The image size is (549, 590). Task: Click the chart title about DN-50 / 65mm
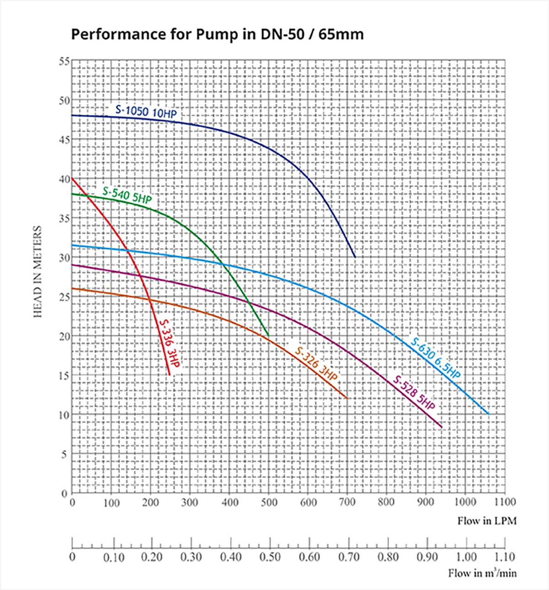tap(217, 34)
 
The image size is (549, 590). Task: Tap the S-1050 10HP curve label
tap(146, 112)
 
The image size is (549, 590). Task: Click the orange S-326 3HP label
tap(316, 364)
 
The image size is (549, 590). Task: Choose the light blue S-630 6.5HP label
tap(436, 358)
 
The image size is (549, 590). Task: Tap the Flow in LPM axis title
tap(487, 521)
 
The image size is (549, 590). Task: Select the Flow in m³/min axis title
tap(483, 573)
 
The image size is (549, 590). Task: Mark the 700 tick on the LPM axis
tap(347, 502)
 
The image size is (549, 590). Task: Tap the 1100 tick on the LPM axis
tap(504, 502)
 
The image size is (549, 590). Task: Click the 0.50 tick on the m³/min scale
tap(270, 557)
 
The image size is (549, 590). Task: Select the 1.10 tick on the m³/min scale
tap(505, 557)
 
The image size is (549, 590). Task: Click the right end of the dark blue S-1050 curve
tap(355, 257)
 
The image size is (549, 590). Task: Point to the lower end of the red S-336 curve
tap(170, 375)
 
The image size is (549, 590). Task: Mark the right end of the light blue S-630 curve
tap(489, 414)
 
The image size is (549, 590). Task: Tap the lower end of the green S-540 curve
tap(269, 336)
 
